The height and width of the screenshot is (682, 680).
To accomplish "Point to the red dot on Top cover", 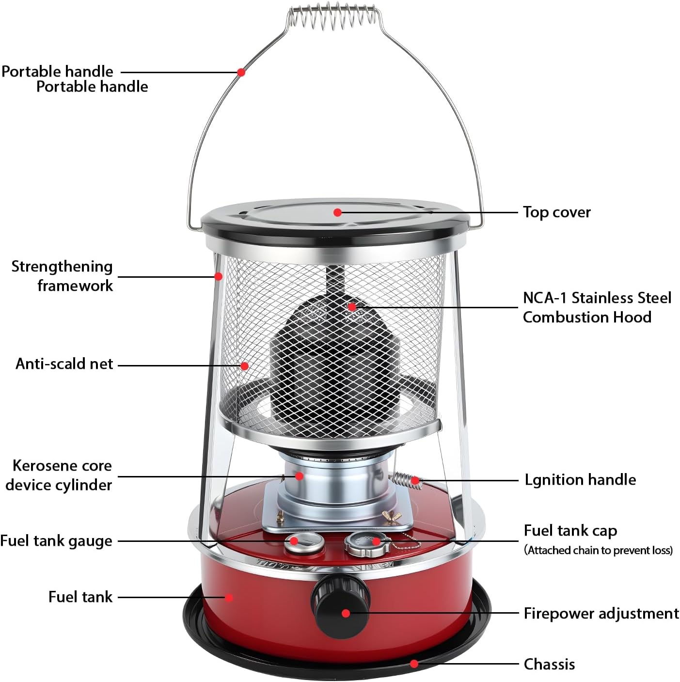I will [337, 212].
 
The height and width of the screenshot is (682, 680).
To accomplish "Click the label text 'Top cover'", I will [556, 212].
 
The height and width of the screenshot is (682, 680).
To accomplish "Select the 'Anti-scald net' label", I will [64, 364].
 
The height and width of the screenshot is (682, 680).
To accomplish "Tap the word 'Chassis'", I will [549, 664].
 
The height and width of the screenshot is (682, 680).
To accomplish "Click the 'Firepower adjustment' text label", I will [601, 614].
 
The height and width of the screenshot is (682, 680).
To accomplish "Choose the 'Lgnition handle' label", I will [580, 480].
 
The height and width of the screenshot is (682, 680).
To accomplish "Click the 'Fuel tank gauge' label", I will [56, 541].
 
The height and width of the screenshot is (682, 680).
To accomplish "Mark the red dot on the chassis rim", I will [414, 664].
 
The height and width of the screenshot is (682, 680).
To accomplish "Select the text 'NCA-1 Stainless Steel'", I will [597, 298].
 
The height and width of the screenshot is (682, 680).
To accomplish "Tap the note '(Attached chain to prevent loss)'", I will [598, 551].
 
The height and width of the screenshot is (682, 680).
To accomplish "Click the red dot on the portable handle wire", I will [241, 72].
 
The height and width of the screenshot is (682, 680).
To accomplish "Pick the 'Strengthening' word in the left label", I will [62, 267].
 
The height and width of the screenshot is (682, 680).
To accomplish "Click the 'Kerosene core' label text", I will [62, 466].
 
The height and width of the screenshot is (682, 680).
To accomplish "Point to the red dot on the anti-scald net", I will [245, 365].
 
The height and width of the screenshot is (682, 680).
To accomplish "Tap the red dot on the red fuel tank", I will [229, 597].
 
